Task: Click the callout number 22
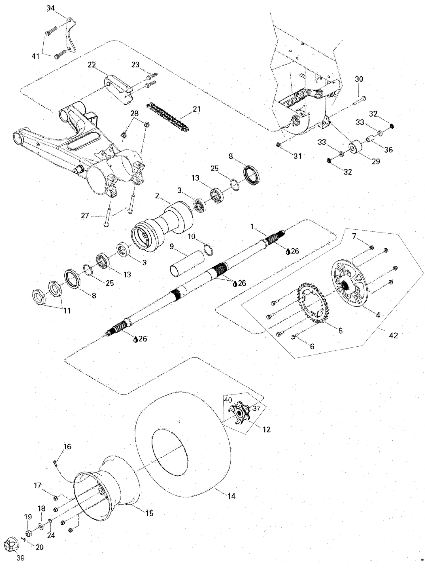92,65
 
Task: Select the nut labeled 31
278,145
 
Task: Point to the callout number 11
67,311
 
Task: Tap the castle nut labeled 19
28,534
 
